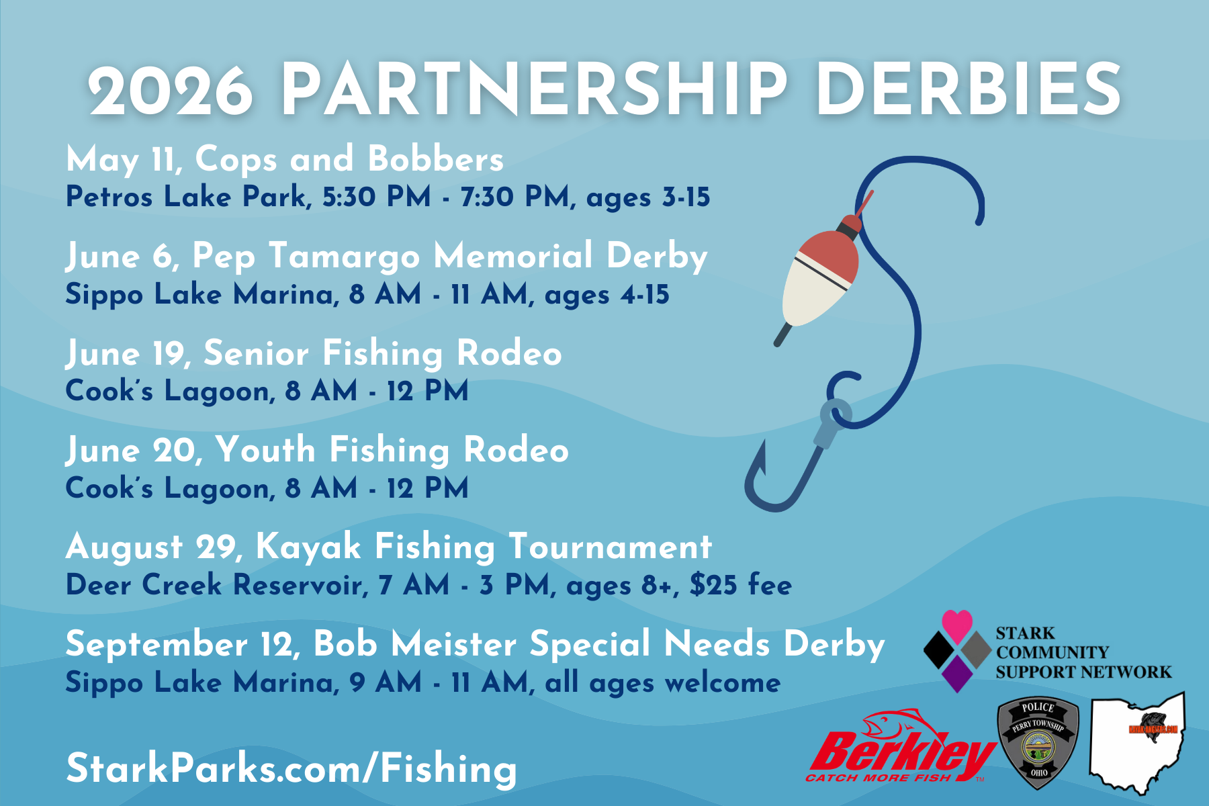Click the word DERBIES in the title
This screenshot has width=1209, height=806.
pos(969,89)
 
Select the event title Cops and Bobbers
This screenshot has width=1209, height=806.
pos(349,159)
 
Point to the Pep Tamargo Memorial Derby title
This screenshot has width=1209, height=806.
pos(450,257)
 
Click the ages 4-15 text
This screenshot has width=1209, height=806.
pos(607,295)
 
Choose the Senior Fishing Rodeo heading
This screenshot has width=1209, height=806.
pos(383,353)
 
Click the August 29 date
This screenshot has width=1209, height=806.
pos(152,547)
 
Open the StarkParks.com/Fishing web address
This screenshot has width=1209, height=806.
pos(292,768)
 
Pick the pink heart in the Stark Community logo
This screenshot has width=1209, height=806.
pos(957,625)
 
